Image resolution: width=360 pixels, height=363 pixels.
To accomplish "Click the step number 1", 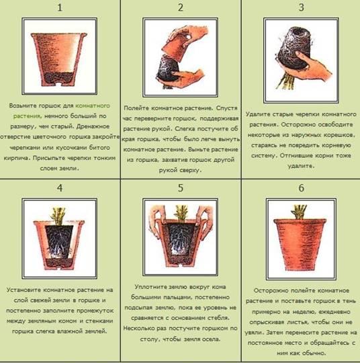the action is pyautogui.click(x=60, y=7).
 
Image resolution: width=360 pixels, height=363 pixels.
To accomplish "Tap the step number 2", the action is pyautogui.click(x=181, y=7).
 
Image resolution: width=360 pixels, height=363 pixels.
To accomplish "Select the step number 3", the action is pyautogui.click(x=302, y=7).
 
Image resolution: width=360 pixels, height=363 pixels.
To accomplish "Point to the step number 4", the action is pyautogui.click(x=60, y=188).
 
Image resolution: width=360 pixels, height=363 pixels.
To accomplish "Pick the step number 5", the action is pyautogui.click(x=181, y=188).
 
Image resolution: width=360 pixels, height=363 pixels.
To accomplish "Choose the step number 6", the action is pyautogui.click(x=302, y=188).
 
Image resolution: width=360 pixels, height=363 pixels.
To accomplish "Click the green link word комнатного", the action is pyautogui.click(x=93, y=106).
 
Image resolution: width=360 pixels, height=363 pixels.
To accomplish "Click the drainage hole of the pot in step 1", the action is pyautogui.click(x=60, y=84).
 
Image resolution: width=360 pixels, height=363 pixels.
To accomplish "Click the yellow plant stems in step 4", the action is pyautogui.click(x=59, y=216).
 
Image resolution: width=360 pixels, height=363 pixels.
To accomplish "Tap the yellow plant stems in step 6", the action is pyautogui.click(x=300, y=212).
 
